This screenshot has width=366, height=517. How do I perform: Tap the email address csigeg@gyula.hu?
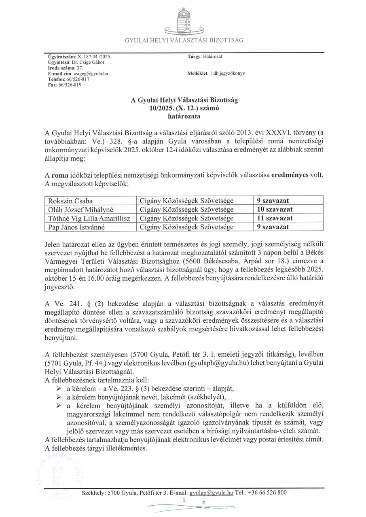(91, 74)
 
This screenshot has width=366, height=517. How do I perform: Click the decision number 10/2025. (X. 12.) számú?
(184, 108)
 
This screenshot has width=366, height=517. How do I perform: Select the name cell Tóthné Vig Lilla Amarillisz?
(90, 218)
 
